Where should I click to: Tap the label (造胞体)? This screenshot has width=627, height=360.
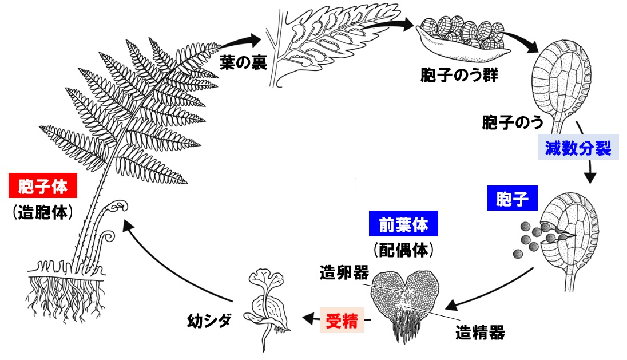43,213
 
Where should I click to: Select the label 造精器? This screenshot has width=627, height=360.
480,331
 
